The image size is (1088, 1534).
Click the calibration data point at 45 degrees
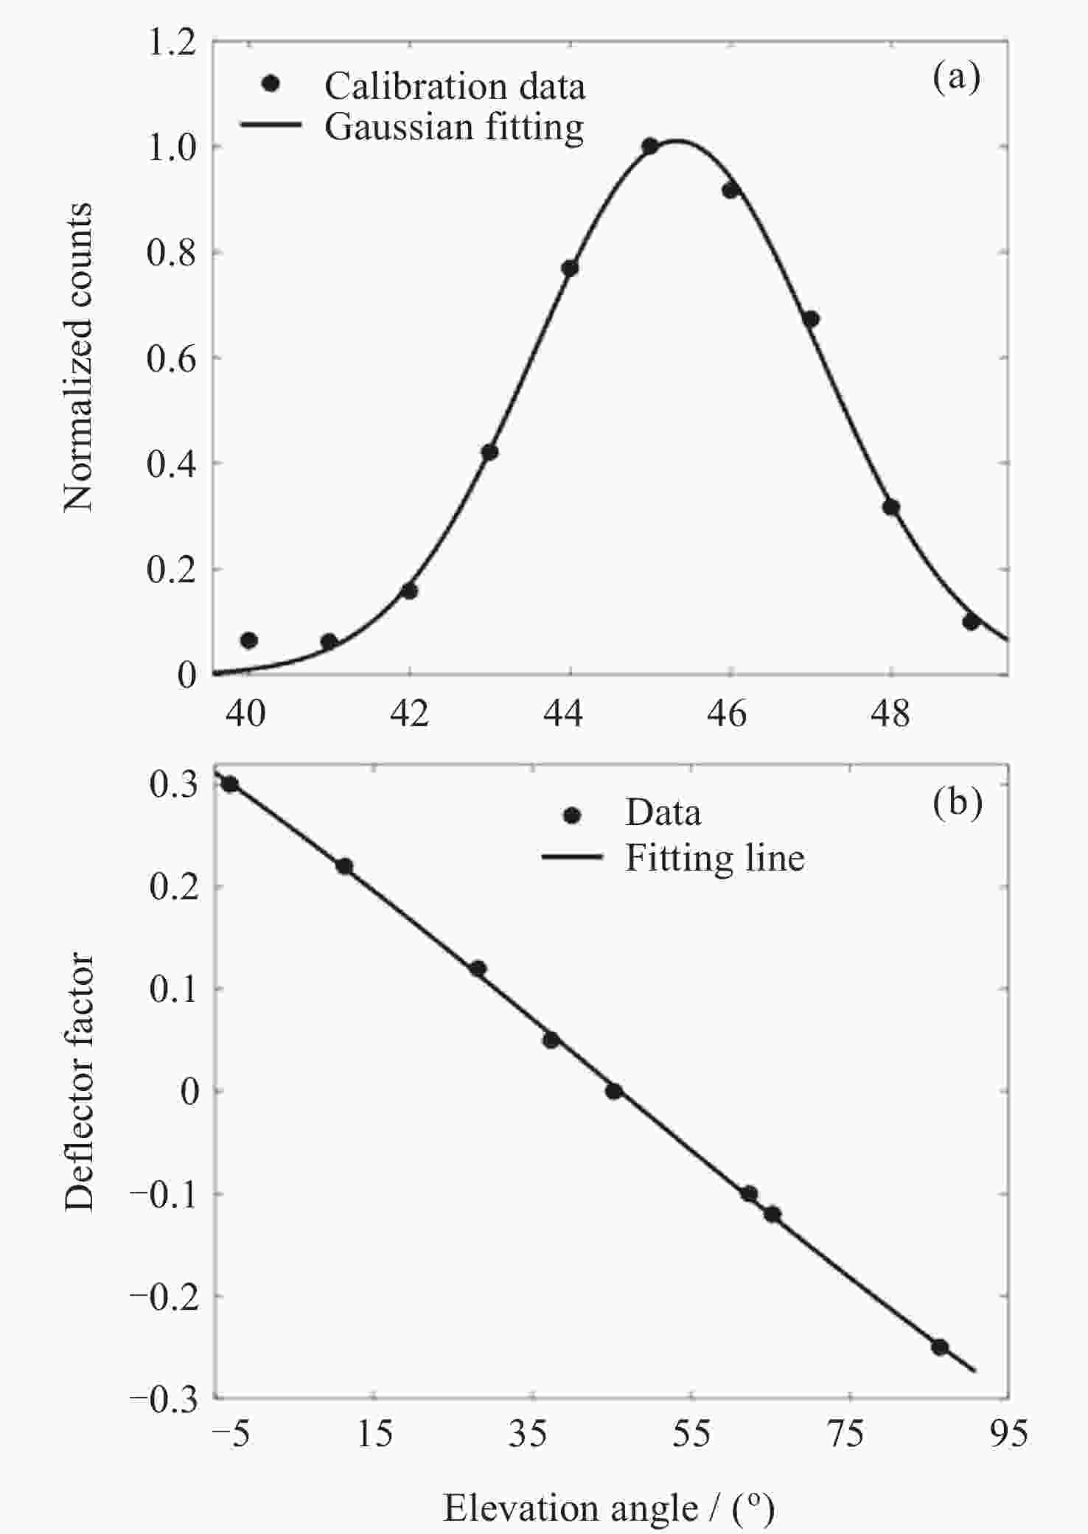649,146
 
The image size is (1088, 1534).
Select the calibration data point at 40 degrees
249,640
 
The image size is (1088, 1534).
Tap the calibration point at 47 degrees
811,319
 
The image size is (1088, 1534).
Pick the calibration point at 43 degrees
489,452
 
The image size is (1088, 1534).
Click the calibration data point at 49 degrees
971,621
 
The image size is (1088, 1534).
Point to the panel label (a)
956,77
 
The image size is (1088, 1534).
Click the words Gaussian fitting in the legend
454,127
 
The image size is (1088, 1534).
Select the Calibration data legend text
455,86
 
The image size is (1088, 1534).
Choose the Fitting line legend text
714,858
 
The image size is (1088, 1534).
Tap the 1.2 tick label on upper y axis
172,43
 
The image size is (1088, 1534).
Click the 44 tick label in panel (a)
563,713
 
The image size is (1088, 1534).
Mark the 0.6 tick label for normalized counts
172,359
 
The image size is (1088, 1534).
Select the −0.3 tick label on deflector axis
164,1399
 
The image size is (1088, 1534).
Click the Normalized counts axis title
78,357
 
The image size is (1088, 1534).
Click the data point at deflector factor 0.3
230,784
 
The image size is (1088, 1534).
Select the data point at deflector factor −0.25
939,1347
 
